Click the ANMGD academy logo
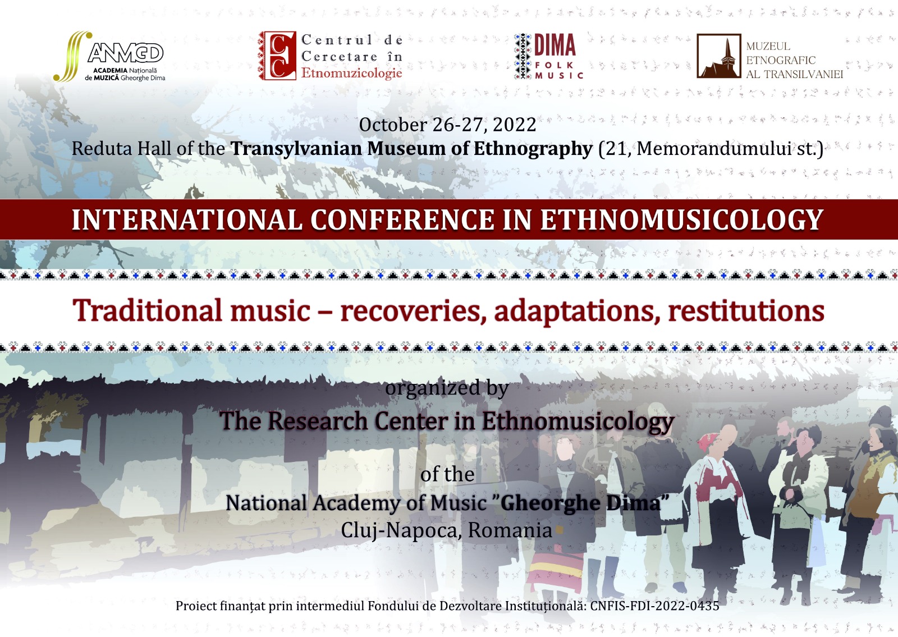tap(109, 57)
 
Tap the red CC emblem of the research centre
tap(277, 56)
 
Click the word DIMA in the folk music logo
tap(555, 45)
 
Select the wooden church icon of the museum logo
tap(718, 56)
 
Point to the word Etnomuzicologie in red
tap(351, 73)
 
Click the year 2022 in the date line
tap(514, 125)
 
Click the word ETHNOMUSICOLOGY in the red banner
tap(681, 219)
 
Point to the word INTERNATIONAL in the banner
tap(186, 219)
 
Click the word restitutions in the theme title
tap(746, 311)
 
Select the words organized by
tap(447, 388)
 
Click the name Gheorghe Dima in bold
tap(580, 503)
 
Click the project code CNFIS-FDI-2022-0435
tap(654, 606)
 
